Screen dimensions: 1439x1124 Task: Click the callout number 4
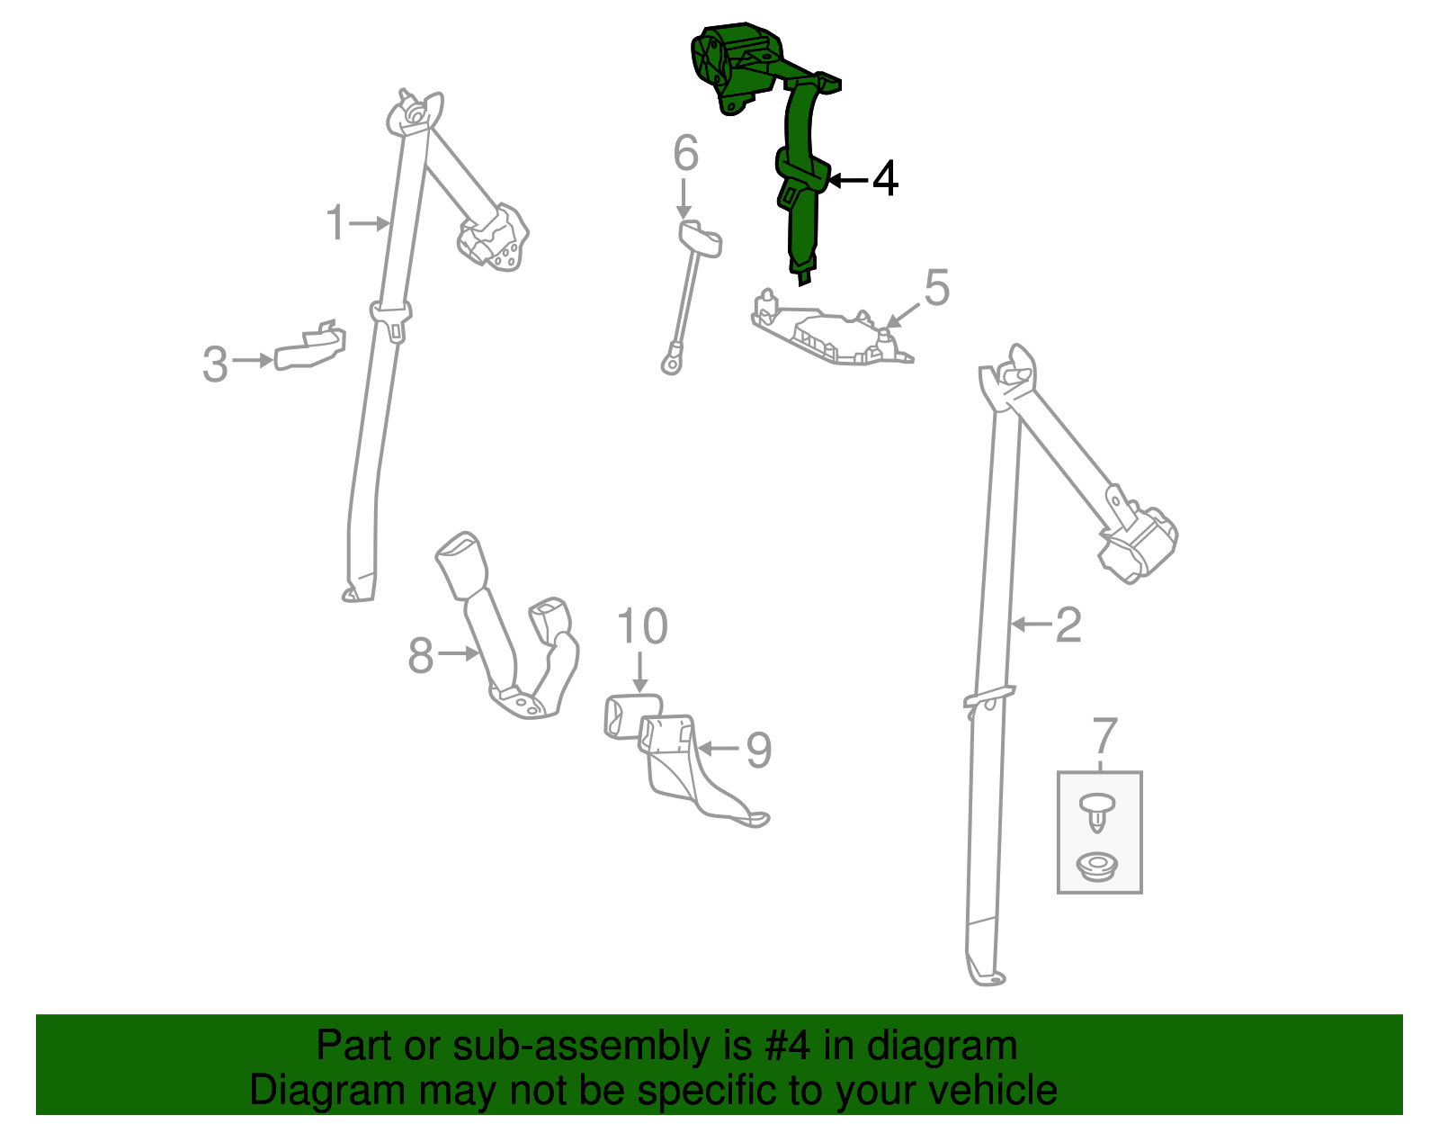click(885, 179)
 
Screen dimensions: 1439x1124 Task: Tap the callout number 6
click(685, 152)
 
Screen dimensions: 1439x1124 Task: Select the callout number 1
click(335, 222)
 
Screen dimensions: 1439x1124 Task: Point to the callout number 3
click(215, 364)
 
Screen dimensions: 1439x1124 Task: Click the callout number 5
click(936, 287)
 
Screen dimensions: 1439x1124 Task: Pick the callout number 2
click(1068, 625)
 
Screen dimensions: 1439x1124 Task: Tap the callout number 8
click(421, 656)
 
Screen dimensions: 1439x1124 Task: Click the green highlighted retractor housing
click(735, 67)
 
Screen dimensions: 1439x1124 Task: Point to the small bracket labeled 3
click(310, 346)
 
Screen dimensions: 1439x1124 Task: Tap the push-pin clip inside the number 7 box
click(1096, 814)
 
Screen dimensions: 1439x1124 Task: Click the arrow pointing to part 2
click(1031, 624)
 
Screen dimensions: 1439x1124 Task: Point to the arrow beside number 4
click(847, 179)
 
